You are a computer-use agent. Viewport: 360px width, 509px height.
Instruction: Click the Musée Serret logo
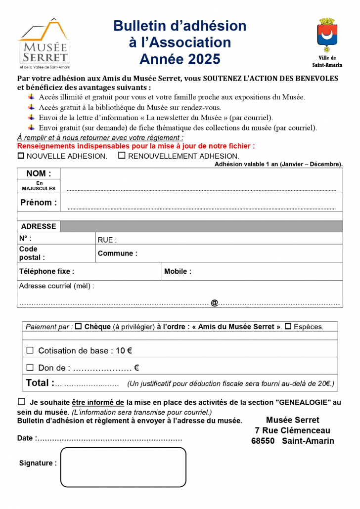(x=44, y=43)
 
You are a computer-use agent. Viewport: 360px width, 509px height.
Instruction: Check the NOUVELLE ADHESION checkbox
(x=21, y=156)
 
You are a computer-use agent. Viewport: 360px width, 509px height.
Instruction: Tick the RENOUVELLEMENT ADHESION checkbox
(x=122, y=156)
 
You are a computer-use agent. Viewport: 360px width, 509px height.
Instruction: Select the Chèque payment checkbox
(x=78, y=327)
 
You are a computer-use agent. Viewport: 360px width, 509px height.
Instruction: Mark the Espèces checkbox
(x=288, y=327)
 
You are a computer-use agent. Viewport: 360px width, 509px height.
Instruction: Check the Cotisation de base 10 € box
(x=30, y=350)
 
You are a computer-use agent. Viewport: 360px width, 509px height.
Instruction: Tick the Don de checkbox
(x=30, y=367)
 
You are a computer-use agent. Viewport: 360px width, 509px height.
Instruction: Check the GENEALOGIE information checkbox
(x=21, y=402)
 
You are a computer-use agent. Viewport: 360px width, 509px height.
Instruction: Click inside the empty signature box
(x=123, y=467)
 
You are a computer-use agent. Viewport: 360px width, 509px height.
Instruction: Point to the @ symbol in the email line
(x=214, y=302)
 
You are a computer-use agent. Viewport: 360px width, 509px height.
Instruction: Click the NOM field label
(x=39, y=173)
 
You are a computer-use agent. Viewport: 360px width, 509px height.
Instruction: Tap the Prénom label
(x=38, y=202)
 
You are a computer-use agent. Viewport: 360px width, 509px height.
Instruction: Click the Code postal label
(x=32, y=253)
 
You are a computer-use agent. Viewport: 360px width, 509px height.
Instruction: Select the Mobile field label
(x=178, y=271)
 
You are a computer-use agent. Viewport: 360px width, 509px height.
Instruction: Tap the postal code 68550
(x=263, y=441)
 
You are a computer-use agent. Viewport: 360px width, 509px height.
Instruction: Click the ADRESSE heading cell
(x=39, y=226)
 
